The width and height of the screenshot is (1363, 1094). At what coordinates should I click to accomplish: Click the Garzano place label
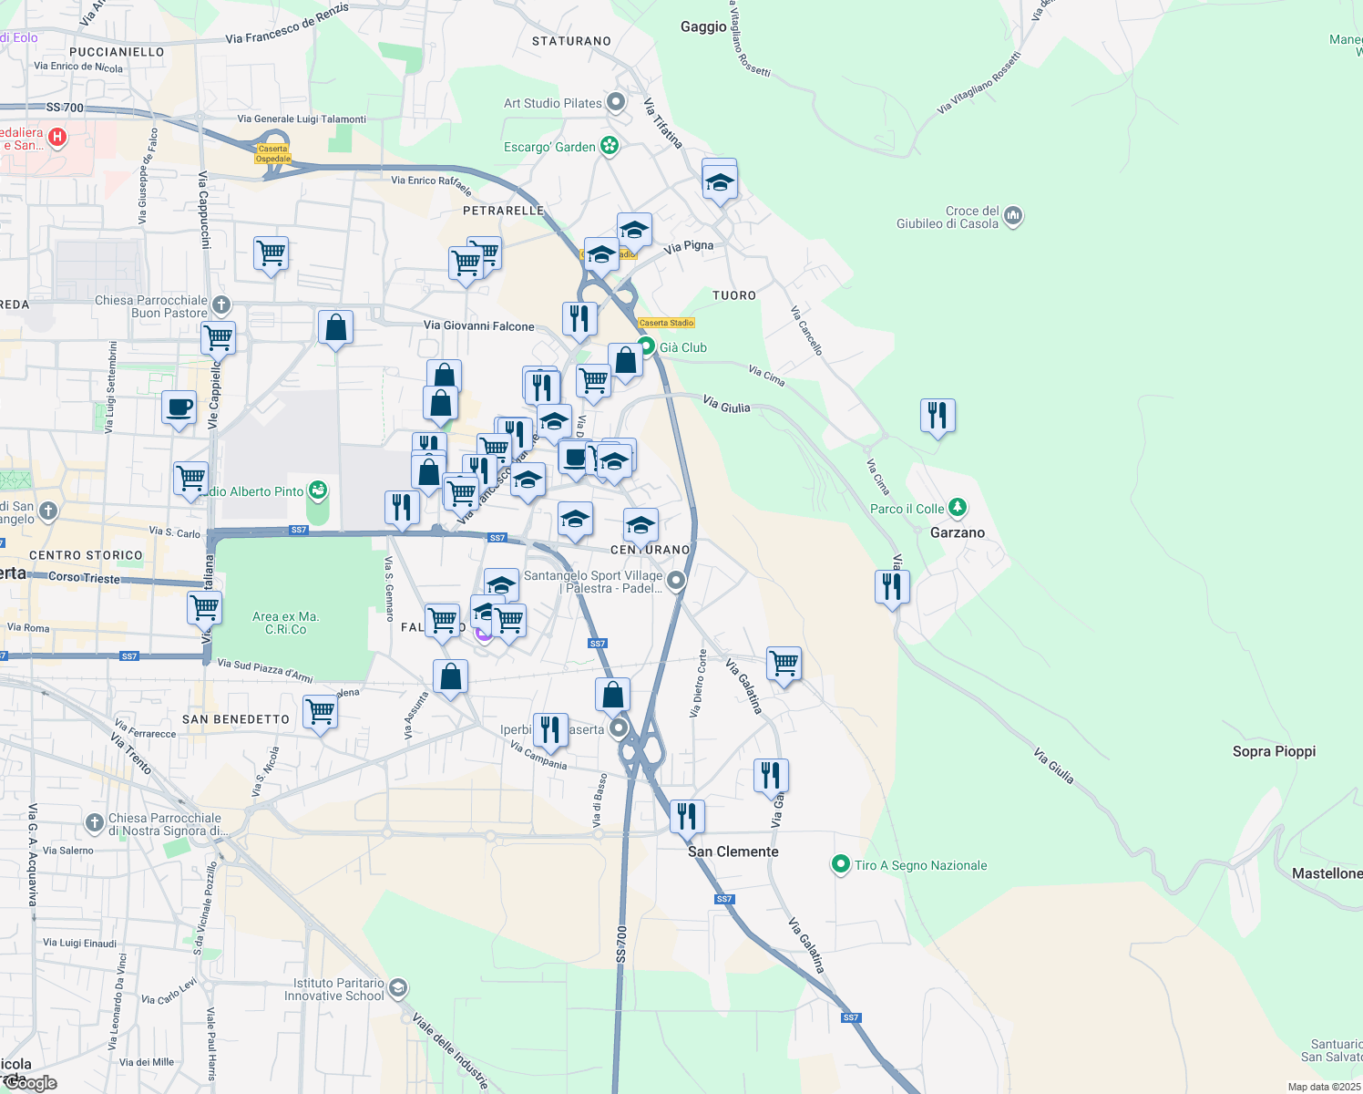[x=957, y=532]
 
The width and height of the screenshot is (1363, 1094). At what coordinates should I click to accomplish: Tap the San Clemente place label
[x=733, y=851]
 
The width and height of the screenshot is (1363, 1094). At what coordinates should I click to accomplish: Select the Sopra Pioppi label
[x=1274, y=751]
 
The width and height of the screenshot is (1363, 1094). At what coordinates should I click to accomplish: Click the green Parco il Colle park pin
[x=957, y=508]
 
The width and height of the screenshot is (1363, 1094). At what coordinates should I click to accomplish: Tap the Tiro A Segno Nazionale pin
[x=840, y=865]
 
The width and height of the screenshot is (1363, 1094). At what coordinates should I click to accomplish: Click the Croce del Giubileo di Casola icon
[x=1013, y=217]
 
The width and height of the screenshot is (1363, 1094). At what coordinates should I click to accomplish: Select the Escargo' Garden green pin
[x=610, y=146]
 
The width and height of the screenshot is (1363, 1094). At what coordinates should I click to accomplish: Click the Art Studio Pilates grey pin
[x=616, y=102]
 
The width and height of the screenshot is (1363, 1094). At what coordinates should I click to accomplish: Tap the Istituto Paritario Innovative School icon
[x=397, y=988]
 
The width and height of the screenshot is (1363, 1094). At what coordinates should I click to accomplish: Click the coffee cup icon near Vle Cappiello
[x=179, y=407]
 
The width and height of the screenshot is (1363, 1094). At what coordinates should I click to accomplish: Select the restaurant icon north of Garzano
[x=938, y=415]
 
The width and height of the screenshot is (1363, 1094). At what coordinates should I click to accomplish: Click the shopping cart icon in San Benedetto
[x=320, y=711]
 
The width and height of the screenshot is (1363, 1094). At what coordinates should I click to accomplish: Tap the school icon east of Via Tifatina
[x=720, y=181]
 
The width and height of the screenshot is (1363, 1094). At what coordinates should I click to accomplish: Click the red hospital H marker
[x=57, y=138]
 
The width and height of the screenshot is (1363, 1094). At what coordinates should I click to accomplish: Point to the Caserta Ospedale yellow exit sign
[x=272, y=153]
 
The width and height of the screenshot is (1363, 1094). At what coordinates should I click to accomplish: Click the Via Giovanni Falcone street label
[x=478, y=325]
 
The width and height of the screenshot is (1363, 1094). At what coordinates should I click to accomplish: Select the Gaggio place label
[x=703, y=26]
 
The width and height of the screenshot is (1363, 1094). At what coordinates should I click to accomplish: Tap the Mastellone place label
[x=1327, y=873]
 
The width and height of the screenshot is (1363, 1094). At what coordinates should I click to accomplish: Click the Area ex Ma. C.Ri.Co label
[x=285, y=623]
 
